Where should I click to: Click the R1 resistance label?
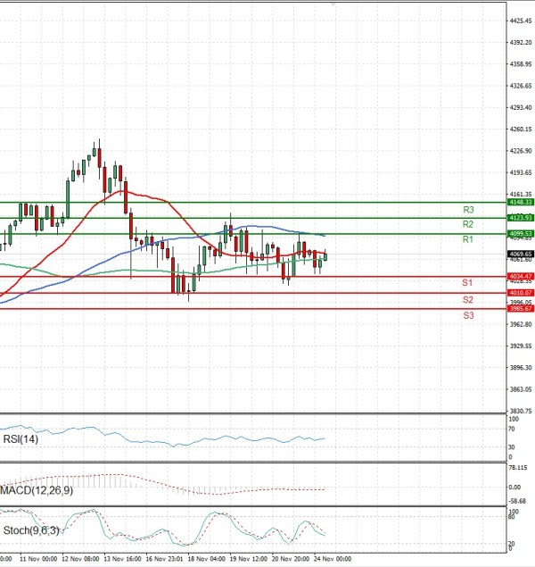(467, 240)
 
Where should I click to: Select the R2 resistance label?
(467, 224)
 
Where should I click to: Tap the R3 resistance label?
(467, 210)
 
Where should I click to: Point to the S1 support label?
(467, 283)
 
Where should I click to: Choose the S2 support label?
(467, 300)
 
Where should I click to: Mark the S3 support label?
(467, 316)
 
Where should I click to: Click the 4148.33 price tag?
(521, 203)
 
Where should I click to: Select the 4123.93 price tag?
(521, 218)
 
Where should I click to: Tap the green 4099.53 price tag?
(521, 233)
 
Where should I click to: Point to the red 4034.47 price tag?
(521, 277)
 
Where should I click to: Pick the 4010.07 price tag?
(521, 293)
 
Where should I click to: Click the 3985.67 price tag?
(521, 308)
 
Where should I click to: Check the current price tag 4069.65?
(521, 254)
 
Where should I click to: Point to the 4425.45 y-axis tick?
(521, 21)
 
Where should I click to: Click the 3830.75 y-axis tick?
(521, 411)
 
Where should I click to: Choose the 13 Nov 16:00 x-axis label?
(122, 559)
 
